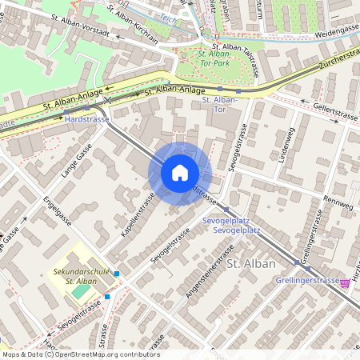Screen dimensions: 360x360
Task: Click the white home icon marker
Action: click(180, 173)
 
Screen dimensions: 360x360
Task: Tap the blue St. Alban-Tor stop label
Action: click(221, 105)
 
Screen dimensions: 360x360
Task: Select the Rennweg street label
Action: click(338, 206)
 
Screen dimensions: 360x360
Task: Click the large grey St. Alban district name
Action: click(251, 263)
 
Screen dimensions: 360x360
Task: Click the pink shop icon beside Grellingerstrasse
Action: click(346, 282)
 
